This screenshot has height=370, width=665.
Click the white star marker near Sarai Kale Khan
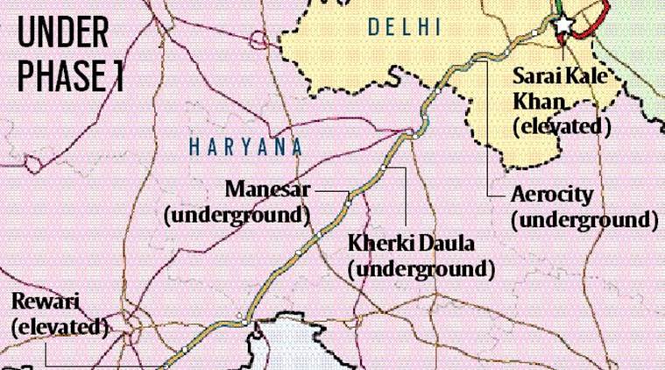563,24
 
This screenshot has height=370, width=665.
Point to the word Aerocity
552,195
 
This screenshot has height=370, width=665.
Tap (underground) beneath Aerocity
584,219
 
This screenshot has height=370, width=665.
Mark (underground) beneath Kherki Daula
421,268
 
